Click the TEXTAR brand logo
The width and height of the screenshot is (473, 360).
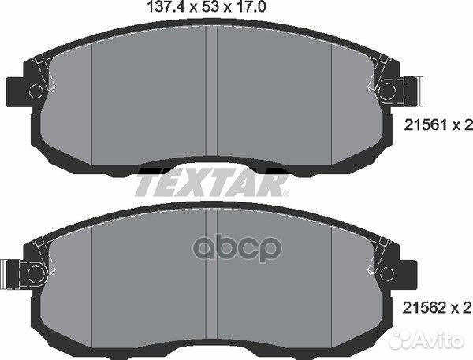211,184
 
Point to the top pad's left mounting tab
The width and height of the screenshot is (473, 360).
17,91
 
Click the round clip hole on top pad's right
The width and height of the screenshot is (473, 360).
389,91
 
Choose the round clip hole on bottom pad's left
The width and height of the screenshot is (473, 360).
34,273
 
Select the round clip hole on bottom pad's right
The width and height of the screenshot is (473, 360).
389,273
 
